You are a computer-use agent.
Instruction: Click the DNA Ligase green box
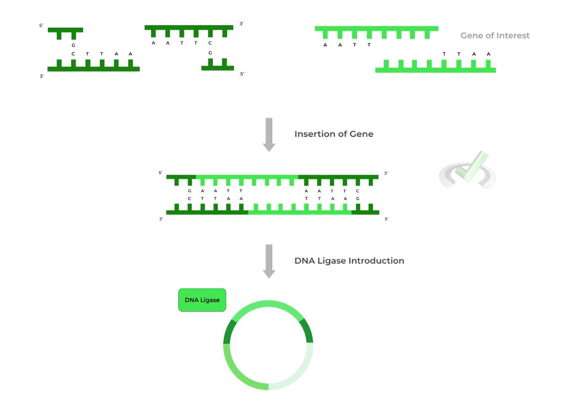coord(202,300)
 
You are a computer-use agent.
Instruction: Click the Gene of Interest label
coord(494,36)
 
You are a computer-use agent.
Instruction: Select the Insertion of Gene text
coord(334,134)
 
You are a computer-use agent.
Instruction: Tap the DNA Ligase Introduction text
coord(349,261)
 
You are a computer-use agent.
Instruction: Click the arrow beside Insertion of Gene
coord(269,134)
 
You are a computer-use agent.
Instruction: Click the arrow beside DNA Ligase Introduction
coord(269,261)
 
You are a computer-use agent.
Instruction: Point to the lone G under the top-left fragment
coord(73,45)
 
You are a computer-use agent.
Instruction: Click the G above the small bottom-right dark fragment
coord(210,53)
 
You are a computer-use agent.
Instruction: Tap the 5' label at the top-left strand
coord(41,25)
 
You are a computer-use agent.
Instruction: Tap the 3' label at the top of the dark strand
coord(241,23)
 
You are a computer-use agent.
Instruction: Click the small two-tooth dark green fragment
coord(217,66)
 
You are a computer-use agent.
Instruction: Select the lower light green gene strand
coord(435,69)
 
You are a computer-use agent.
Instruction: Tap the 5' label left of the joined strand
coord(161,173)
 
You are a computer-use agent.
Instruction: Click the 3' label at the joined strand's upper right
coord(386,173)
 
